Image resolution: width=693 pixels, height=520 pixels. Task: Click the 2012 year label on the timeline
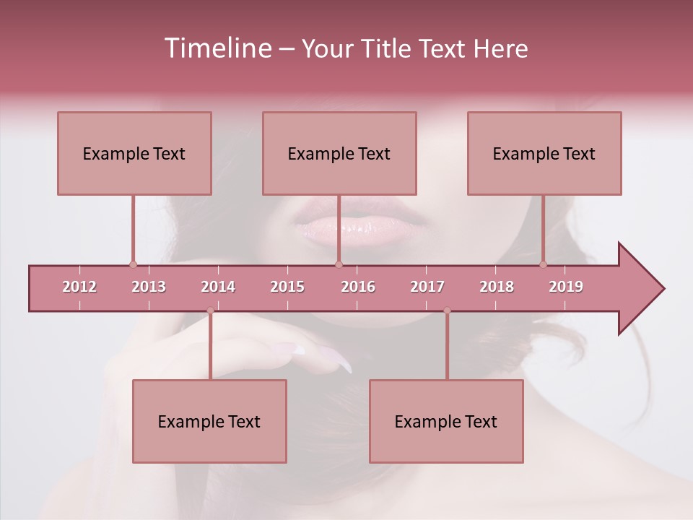pyautogui.click(x=79, y=287)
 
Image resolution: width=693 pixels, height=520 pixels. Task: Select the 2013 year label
pyautogui.click(x=149, y=287)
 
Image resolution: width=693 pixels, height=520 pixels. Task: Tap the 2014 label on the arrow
pyautogui.click(x=218, y=287)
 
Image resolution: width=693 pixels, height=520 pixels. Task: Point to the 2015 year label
pyautogui.click(x=287, y=287)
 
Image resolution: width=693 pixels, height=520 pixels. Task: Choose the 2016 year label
pyautogui.click(x=358, y=287)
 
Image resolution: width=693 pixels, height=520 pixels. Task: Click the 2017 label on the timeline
pyautogui.click(x=427, y=287)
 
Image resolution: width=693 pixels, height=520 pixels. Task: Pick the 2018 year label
pyautogui.click(x=497, y=287)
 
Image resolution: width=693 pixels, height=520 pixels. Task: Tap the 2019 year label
pyautogui.click(x=566, y=287)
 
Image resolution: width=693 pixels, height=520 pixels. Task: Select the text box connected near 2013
pyautogui.click(x=134, y=153)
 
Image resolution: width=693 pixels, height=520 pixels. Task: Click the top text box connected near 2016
pyautogui.click(x=339, y=153)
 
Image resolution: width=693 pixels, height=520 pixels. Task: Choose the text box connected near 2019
pyautogui.click(x=544, y=153)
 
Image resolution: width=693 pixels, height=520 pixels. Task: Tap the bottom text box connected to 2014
pyautogui.click(x=209, y=421)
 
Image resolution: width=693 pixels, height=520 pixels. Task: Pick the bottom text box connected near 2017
pyautogui.click(x=446, y=421)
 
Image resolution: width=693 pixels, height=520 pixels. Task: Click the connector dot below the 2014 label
pyautogui.click(x=210, y=311)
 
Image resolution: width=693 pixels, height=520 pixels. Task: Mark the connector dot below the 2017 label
pyautogui.click(x=447, y=311)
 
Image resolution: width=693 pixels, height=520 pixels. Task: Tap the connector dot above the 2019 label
pyautogui.click(x=544, y=264)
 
